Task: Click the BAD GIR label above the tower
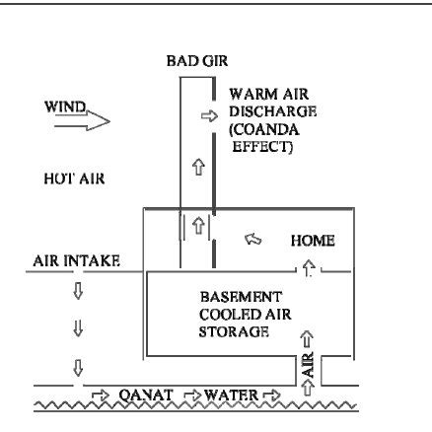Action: pyautogui.click(x=197, y=61)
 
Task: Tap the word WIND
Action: pyautogui.click(x=65, y=107)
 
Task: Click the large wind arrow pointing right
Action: pyautogui.click(x=82, y=121)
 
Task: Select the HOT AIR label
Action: pyautogui.click(x=74, y=179)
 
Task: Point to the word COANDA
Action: pyautogui.click(x=264, y=129)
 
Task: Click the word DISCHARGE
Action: pyautogui.click(x=273, y=111)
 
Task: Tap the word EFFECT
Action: pyautogui.click(x=262, y=147)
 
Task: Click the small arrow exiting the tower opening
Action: pyautogui.click(x=209, y=115)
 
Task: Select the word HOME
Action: pyautogui.click(x=313, y=241)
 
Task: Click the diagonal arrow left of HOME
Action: pyautogui.click(x=253, y=239)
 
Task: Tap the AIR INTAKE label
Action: pyautogui.click(x=76, y=261)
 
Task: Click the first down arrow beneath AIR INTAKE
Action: pyautogui.click(x=78, y=291)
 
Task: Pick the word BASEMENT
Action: pyautogui.click(x=241, y=297)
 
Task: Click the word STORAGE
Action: pyautogui.click(x=234, y=331)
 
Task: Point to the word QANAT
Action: pyautogui.click(x=146, y=395)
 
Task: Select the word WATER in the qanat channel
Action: pyautogui.click(x=231, y=395)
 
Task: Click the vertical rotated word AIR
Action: pyautogui.click(x=308, y=364)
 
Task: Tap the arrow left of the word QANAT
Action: pyautogui.click(x=101, y=396)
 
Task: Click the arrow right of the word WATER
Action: pyautogui.click(x=272, y=395)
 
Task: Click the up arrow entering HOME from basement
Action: pyautogui.click(x=308, y=267)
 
